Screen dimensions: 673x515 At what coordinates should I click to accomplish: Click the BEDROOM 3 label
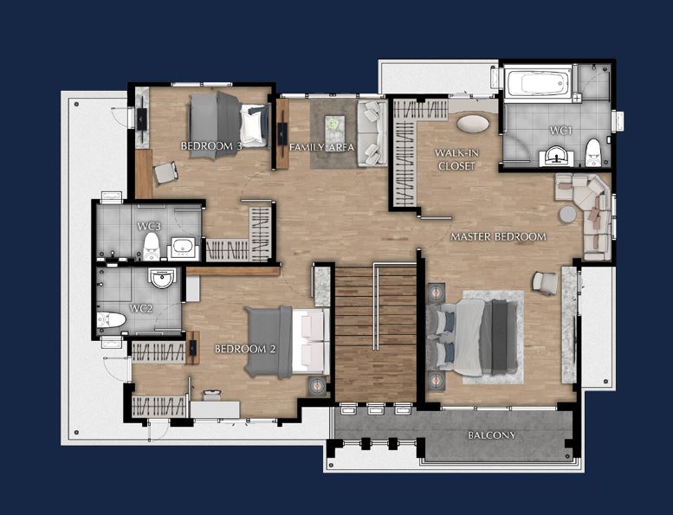click(x=211, y=146)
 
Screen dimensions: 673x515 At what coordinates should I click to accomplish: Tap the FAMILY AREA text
click(x=322, y=147)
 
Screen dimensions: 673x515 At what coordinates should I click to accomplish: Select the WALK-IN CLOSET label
click(x=456, y=159)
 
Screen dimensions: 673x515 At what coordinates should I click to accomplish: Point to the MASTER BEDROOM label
click(x=498, y=236)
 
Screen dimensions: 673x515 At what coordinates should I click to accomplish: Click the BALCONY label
click(x=491, y=435)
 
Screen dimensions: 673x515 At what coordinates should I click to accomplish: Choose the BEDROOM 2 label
click(x=245, y=349)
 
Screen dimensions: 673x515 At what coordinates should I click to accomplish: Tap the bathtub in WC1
click(x=538, y=83)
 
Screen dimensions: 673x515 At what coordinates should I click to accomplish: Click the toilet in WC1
click(x=593, y=152)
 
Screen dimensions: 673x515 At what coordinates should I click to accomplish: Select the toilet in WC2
click(x=111, y=319)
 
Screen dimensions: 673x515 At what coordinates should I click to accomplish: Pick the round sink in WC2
click(x=162, y=278)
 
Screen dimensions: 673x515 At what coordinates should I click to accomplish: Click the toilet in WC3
click(x=151, y=247)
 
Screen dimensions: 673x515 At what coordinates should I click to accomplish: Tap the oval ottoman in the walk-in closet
click(x=472, y=124)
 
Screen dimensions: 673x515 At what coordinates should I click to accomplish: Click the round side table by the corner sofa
click(x=568, y=214)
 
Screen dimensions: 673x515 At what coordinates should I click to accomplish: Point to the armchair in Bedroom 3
click(x=165, y=173)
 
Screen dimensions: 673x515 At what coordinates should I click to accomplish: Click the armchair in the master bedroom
click(x=544, y=283)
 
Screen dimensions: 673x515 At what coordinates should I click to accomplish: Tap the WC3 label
click(x=148, y=226)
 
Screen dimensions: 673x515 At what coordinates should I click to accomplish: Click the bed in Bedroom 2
click(x=287, y=342)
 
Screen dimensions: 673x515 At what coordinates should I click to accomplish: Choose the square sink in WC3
click(x=184, y=248)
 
